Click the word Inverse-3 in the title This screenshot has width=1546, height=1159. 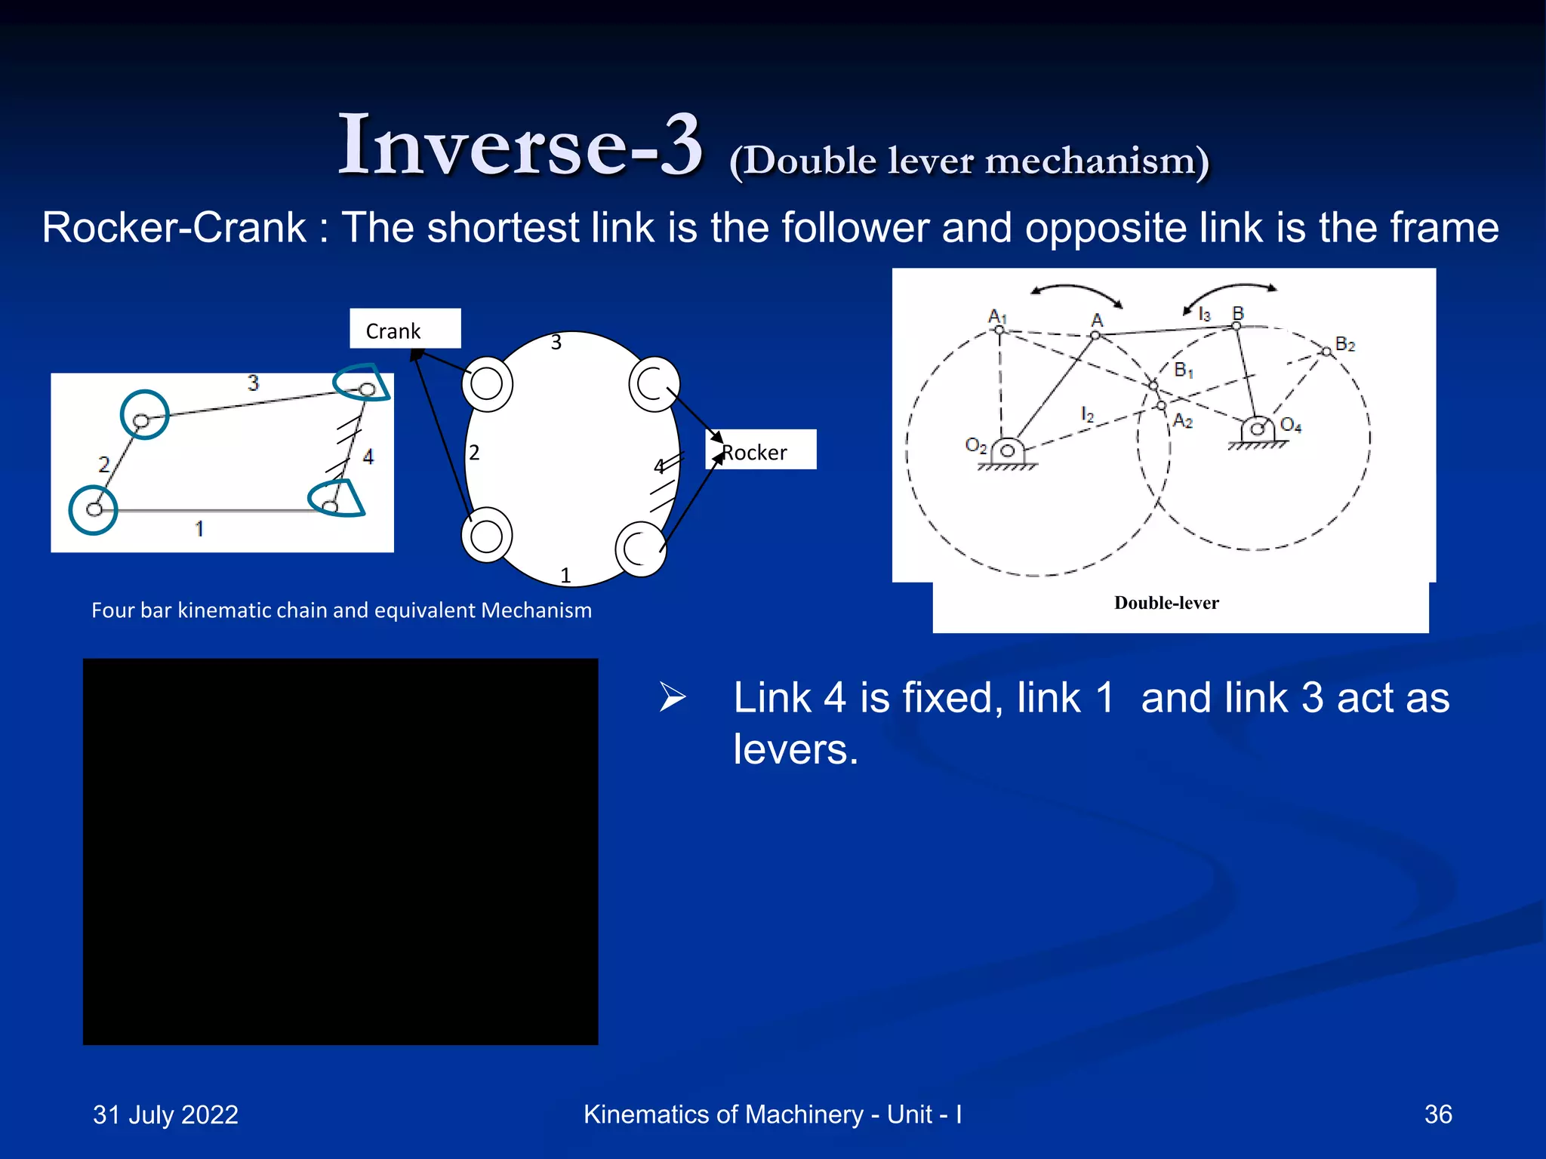coord(520,145)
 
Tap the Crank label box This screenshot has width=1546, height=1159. coord(405,329)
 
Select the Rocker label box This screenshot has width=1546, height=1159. coord(760,451)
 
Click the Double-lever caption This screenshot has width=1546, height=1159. coord(1166,603)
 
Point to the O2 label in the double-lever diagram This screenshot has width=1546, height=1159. coord(975,445)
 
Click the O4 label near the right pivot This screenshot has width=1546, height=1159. coord(1291,426)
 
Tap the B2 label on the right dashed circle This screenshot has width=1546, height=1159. coord(1345,345)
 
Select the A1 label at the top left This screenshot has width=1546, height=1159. coord(997,316)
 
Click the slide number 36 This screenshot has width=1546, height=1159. coord(1437,1114)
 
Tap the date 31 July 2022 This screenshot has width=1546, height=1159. coord(165,1114)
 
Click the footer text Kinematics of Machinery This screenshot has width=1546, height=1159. coord(772,1114)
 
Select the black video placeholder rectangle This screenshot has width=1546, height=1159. coord(340,851)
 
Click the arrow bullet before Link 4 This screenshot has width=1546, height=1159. coord(672,696)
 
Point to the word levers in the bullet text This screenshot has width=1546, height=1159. coord(796,749)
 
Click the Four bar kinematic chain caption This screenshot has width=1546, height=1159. coord(341,610)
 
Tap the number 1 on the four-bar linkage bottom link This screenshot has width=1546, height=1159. coord(199,528)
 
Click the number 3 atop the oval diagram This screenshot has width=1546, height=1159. coord(556,343)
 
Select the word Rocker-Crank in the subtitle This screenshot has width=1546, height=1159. coord(174,228)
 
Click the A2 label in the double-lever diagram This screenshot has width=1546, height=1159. coord(1182,421)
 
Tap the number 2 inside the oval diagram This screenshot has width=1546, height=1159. coord(474,453)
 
